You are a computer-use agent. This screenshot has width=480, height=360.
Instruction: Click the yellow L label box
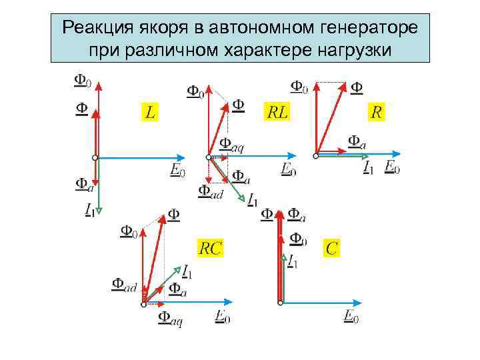click(151, 112)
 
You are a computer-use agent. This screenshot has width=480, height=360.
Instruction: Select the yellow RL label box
click(277, 112)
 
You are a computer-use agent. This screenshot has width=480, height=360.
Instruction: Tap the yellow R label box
click(377, 112)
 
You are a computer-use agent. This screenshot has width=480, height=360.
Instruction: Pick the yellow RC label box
click(211, 249)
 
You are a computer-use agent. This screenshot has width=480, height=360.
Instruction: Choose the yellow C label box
click(331, 249)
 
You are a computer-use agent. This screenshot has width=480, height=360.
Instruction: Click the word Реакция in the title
click(98, 28)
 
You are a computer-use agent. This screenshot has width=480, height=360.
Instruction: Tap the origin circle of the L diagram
click(95, 157)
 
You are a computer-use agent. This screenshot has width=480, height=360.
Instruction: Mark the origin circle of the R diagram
click(316, 155)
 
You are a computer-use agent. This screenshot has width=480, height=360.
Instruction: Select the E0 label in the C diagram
click(351, 317)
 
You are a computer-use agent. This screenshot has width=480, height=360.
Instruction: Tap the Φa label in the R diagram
click(357, 141)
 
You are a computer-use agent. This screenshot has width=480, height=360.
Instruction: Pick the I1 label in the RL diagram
click(253, 199)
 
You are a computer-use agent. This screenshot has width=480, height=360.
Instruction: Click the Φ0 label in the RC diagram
click(129, 231)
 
